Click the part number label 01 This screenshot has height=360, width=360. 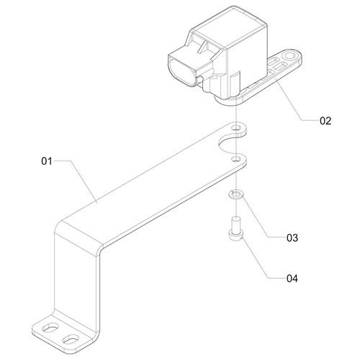pyautogui.click(x=47, y=161)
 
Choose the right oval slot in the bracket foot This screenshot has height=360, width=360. pyautogui.click(x=71, y=338)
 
